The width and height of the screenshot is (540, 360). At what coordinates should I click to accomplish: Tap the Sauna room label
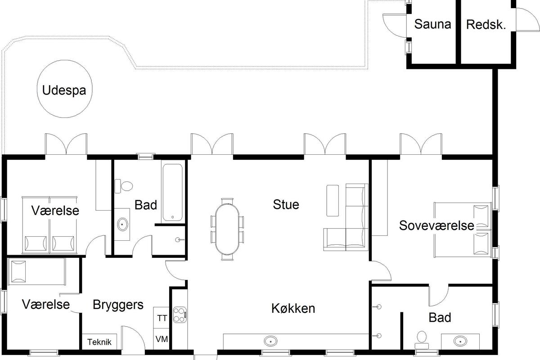coord(432,24)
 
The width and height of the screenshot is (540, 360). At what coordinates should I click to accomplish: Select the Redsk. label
coord(486,25)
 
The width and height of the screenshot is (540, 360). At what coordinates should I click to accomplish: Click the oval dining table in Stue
coord(227,229)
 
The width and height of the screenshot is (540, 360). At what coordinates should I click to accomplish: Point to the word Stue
coord(286,204)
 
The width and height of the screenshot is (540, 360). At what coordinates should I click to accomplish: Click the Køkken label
coord(293,308)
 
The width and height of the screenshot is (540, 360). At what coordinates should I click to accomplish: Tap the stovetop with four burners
coord(180,315)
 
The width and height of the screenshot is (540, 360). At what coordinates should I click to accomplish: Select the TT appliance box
coord(162,318)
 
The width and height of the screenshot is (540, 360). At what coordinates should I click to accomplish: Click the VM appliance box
coord(162,339)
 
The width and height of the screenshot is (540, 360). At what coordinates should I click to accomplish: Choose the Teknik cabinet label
coord(99,342)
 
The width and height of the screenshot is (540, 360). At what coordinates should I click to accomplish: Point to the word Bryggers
coord(118,305)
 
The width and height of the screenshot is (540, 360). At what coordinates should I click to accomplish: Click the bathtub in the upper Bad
coord(172,193)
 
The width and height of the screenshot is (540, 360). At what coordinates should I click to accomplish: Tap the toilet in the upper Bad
coord(124,186)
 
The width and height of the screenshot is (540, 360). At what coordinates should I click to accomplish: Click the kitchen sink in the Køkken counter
coord(270,341)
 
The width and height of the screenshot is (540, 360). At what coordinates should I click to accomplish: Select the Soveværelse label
coord(436,226)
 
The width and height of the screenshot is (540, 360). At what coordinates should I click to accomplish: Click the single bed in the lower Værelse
coord(36,271)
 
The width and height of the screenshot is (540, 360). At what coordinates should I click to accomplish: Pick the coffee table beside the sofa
coord(333,200)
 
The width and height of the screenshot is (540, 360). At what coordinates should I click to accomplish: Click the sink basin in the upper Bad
coord(122,225)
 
